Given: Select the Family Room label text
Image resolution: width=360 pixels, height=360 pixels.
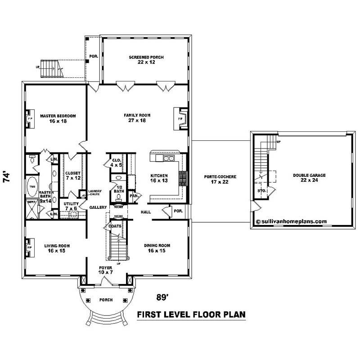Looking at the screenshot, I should click(137, 118).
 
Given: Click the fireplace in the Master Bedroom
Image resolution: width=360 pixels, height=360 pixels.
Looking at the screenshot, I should click(30, 118).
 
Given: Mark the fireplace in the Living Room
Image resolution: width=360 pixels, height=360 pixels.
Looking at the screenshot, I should click(30, 247).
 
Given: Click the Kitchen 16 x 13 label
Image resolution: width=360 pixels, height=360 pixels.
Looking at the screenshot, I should click(159, 178).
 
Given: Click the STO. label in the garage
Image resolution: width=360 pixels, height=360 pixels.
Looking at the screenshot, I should click(261, 191).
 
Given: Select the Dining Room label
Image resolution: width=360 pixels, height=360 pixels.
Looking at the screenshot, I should click(157, 248).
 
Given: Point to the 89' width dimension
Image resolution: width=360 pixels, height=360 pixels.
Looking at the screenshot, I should click(162, 297).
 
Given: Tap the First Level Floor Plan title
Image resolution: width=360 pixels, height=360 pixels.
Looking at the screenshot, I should click(191, 314).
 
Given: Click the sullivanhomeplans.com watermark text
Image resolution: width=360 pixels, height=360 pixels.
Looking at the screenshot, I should click(291, 221).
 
